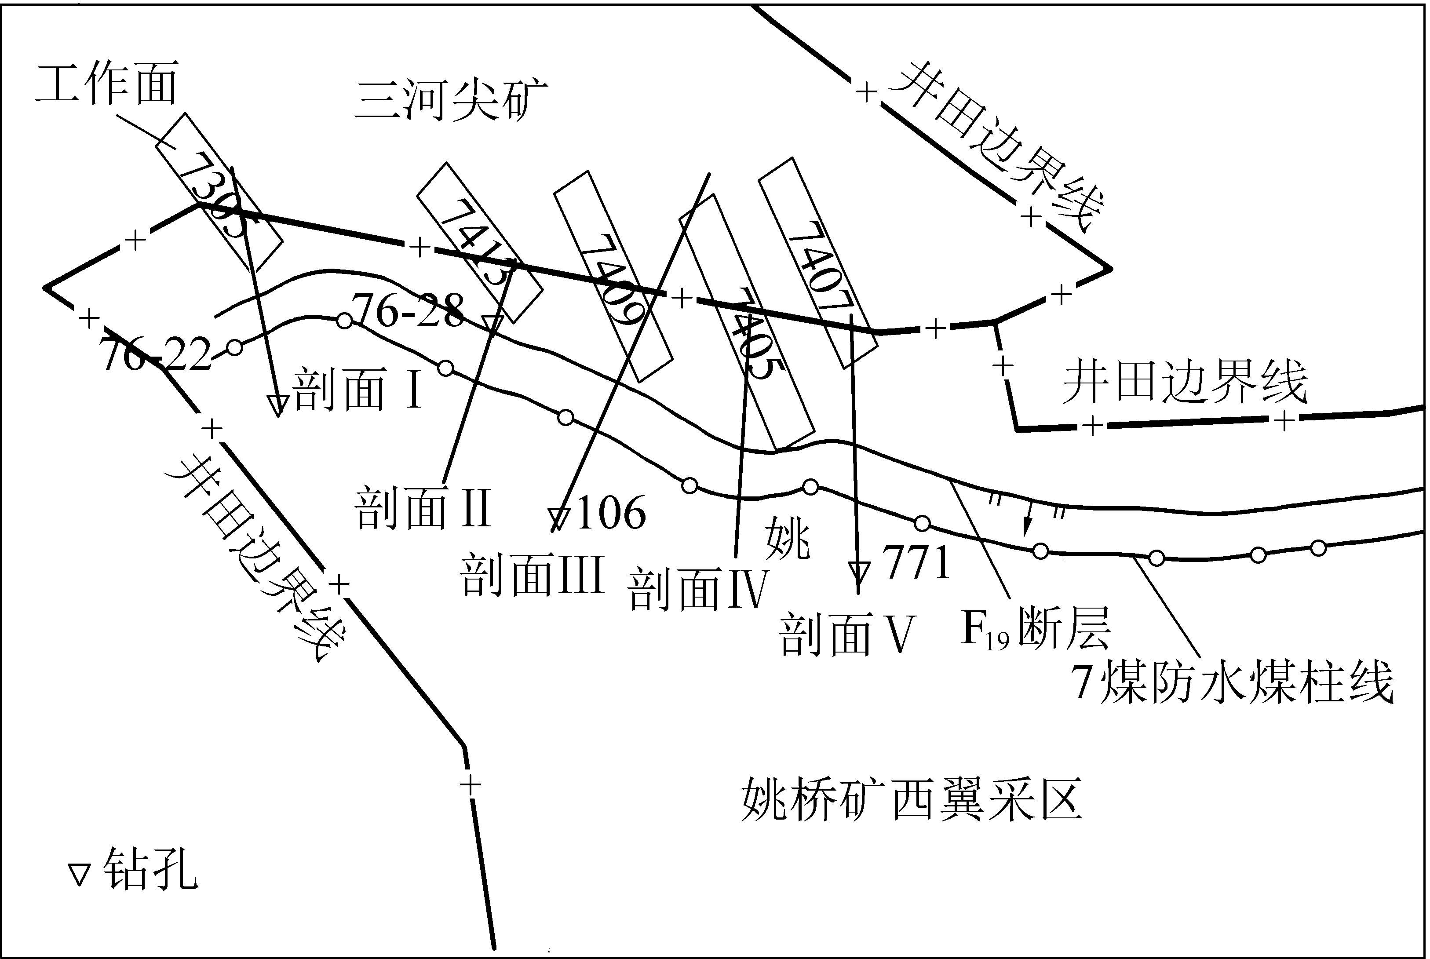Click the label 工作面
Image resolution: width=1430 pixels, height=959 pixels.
(x=107, y=84)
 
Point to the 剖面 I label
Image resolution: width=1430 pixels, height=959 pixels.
(x=358, y=390)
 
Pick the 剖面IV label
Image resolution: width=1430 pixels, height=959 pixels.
(x=697, y=589)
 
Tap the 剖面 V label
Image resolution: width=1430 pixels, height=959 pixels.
(x=846, y=635)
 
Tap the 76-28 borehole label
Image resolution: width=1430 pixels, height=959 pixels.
(x=408, y=311)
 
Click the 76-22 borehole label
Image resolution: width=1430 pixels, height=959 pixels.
(x=156, y=355)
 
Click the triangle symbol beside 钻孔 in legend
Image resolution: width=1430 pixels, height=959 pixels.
(x=79, y=875)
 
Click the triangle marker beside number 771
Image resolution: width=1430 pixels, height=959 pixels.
(x=859, y=572)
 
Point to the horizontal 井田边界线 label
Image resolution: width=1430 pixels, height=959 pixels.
(x=1184, y=382)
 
